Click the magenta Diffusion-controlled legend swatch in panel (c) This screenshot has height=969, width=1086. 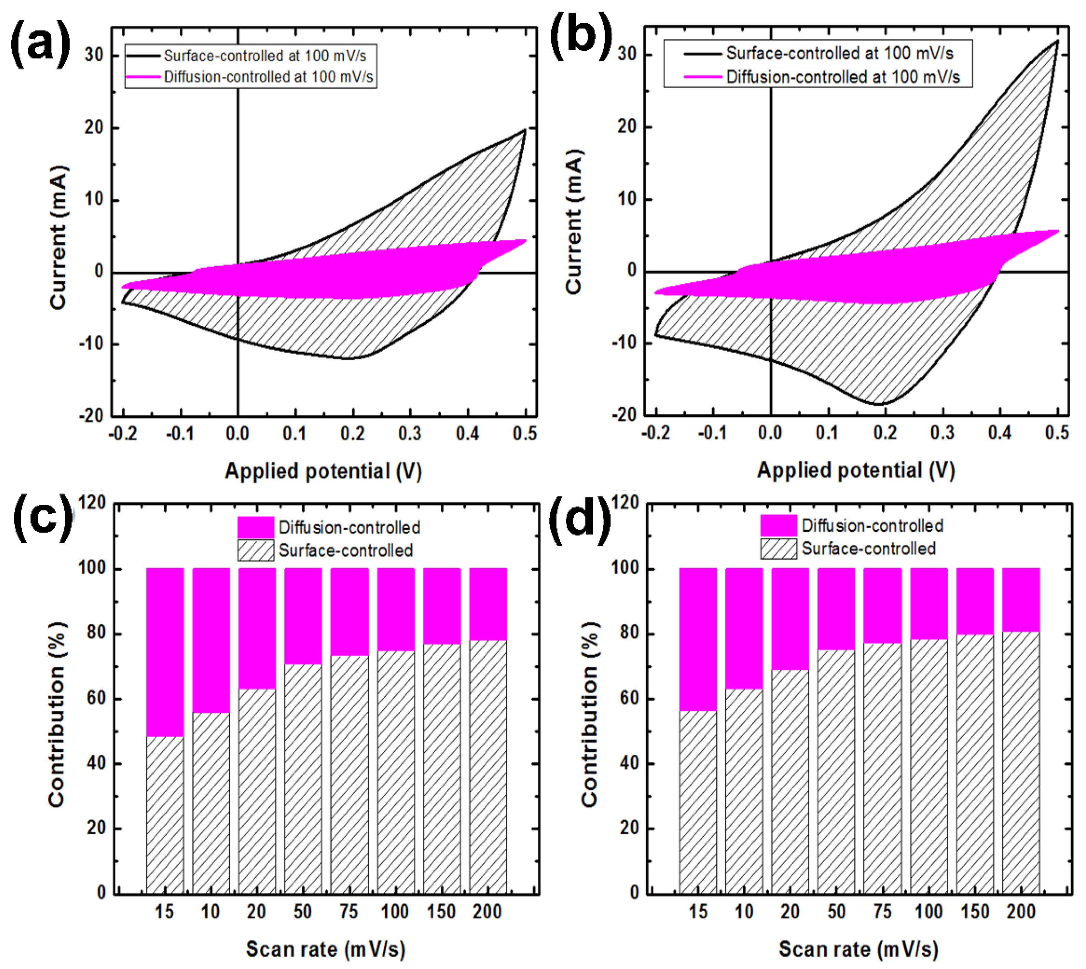coord(256,527)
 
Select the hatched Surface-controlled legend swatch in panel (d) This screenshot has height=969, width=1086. coord(778,549)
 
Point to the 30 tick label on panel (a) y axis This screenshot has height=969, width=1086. coord(94,55)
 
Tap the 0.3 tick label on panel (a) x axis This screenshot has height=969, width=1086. coord(410,434)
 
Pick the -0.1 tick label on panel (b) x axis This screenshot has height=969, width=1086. coord(712,433)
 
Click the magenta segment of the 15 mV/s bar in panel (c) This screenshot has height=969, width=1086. coord(165,652)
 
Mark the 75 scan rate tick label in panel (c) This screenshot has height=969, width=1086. coord(349,912)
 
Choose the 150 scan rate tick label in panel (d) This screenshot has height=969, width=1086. coord(974,912)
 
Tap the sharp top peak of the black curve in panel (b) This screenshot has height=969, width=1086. coord(1057,41)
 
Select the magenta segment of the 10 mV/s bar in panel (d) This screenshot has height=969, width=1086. coord(743,628)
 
